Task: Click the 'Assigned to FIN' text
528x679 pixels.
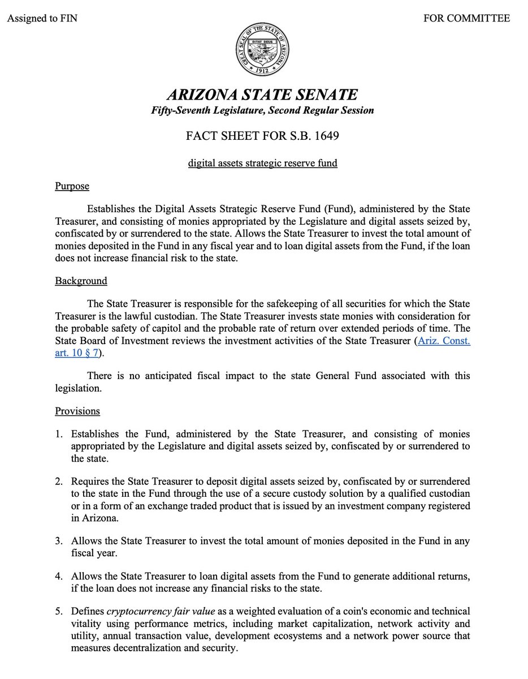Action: [x=42, y=19]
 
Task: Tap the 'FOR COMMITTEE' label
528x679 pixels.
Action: [x=466, y=19]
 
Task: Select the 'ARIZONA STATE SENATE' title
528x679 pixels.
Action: [x=262, y=94]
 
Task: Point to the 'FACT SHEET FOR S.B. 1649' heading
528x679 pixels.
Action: [x=262, y=137]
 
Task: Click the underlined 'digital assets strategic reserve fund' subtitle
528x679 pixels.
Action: [x=262, y=164]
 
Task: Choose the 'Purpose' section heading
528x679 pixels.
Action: [x=72, y=186]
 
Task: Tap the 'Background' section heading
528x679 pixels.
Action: [x=81, y=281]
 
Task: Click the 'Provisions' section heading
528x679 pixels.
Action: [x=77, y=411]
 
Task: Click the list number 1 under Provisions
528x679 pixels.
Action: [x=58, y=434]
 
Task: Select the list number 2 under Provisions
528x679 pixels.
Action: [x=58, y=482]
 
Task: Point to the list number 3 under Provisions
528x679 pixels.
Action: [x=58, y=541]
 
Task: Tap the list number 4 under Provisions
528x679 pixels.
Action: [x=58, y=576]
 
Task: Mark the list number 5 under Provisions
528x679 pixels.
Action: [x=58, y=612]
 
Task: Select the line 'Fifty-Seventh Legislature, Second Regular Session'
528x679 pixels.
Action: [x=262, y=111]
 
